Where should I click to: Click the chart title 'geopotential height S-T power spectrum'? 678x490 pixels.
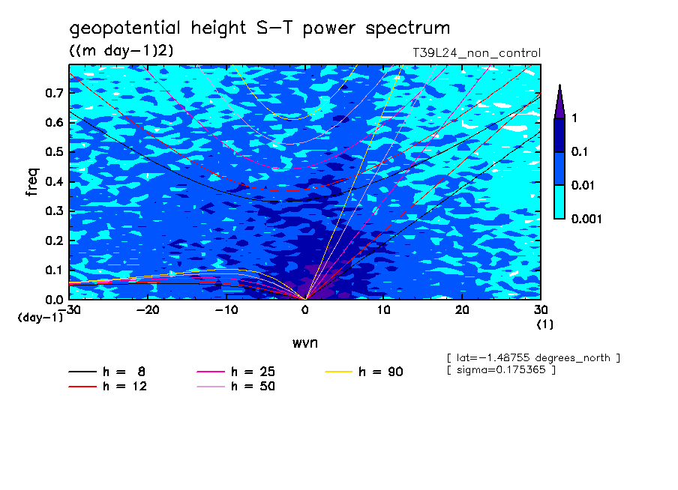pos(259,29)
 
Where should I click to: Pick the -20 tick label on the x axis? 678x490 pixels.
pos(148,309)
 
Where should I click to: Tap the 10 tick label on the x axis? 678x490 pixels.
pos(384,309)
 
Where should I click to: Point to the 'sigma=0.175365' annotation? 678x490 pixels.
pos(501,370)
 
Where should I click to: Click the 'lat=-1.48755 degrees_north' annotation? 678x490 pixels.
pos(532,357)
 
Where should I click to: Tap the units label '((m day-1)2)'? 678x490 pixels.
pos(121,51)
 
